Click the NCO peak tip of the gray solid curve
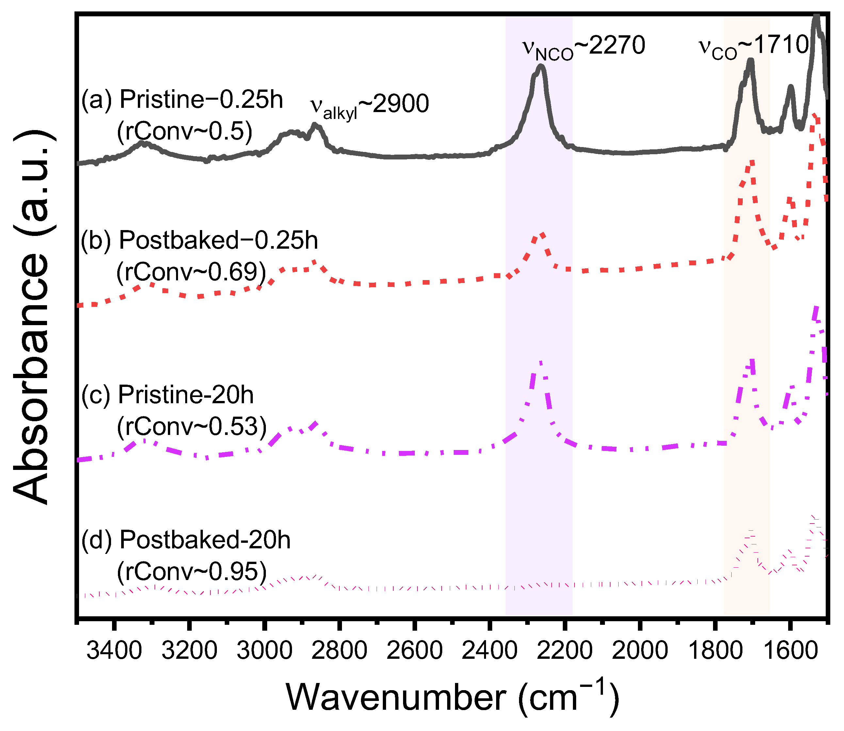coord(541,66)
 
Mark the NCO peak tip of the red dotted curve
coord(542,234)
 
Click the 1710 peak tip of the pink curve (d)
coord(751,530)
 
